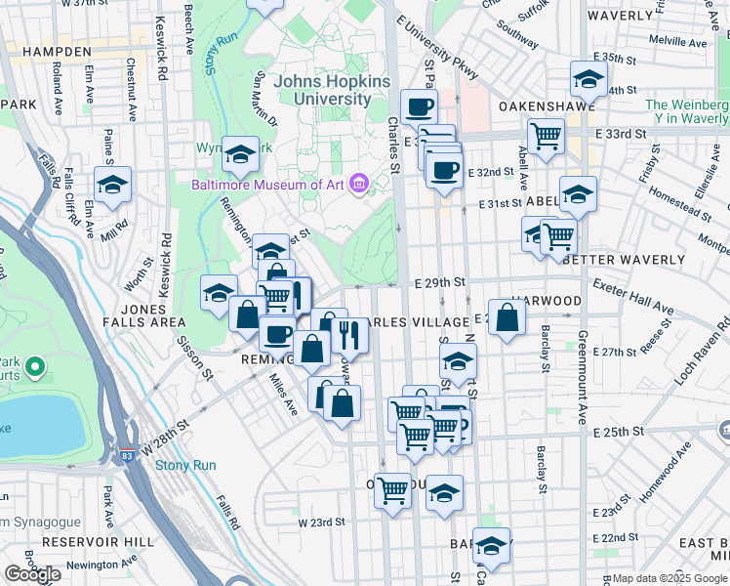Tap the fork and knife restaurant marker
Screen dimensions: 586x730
coord(348,334)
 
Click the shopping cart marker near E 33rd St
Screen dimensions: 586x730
coord(546,135)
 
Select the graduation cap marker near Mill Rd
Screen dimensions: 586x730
coord(113,184)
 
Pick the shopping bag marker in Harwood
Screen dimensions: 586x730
coord(507,317)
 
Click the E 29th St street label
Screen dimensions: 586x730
coord(438,281)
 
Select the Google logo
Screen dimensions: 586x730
coord(32,574)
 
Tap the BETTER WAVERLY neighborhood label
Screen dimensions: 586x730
coord(625,260)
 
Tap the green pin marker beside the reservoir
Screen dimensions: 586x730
coord(35,367)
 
